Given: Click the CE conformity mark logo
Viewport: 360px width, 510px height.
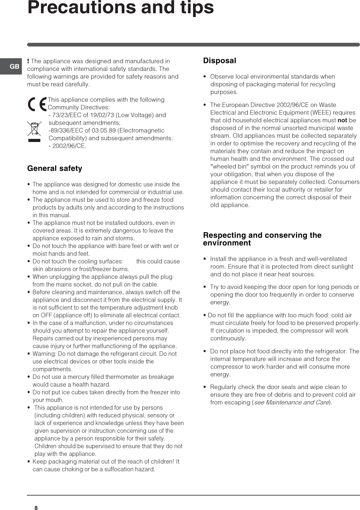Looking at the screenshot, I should click(37, 104).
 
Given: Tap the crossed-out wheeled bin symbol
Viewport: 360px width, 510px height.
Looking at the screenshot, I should click(34, 129).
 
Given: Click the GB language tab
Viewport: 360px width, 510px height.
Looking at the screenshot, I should click(14, 67).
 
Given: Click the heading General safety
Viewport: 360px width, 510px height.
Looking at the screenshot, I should click(55, 168).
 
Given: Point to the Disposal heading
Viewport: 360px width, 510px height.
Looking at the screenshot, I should click(219, 61).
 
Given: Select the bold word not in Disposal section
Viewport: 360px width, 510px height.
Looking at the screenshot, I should click(342, 120).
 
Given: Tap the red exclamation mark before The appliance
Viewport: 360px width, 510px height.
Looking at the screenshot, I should click(28, 61).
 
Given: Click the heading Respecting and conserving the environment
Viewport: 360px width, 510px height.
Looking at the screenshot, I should click(262, 239).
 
